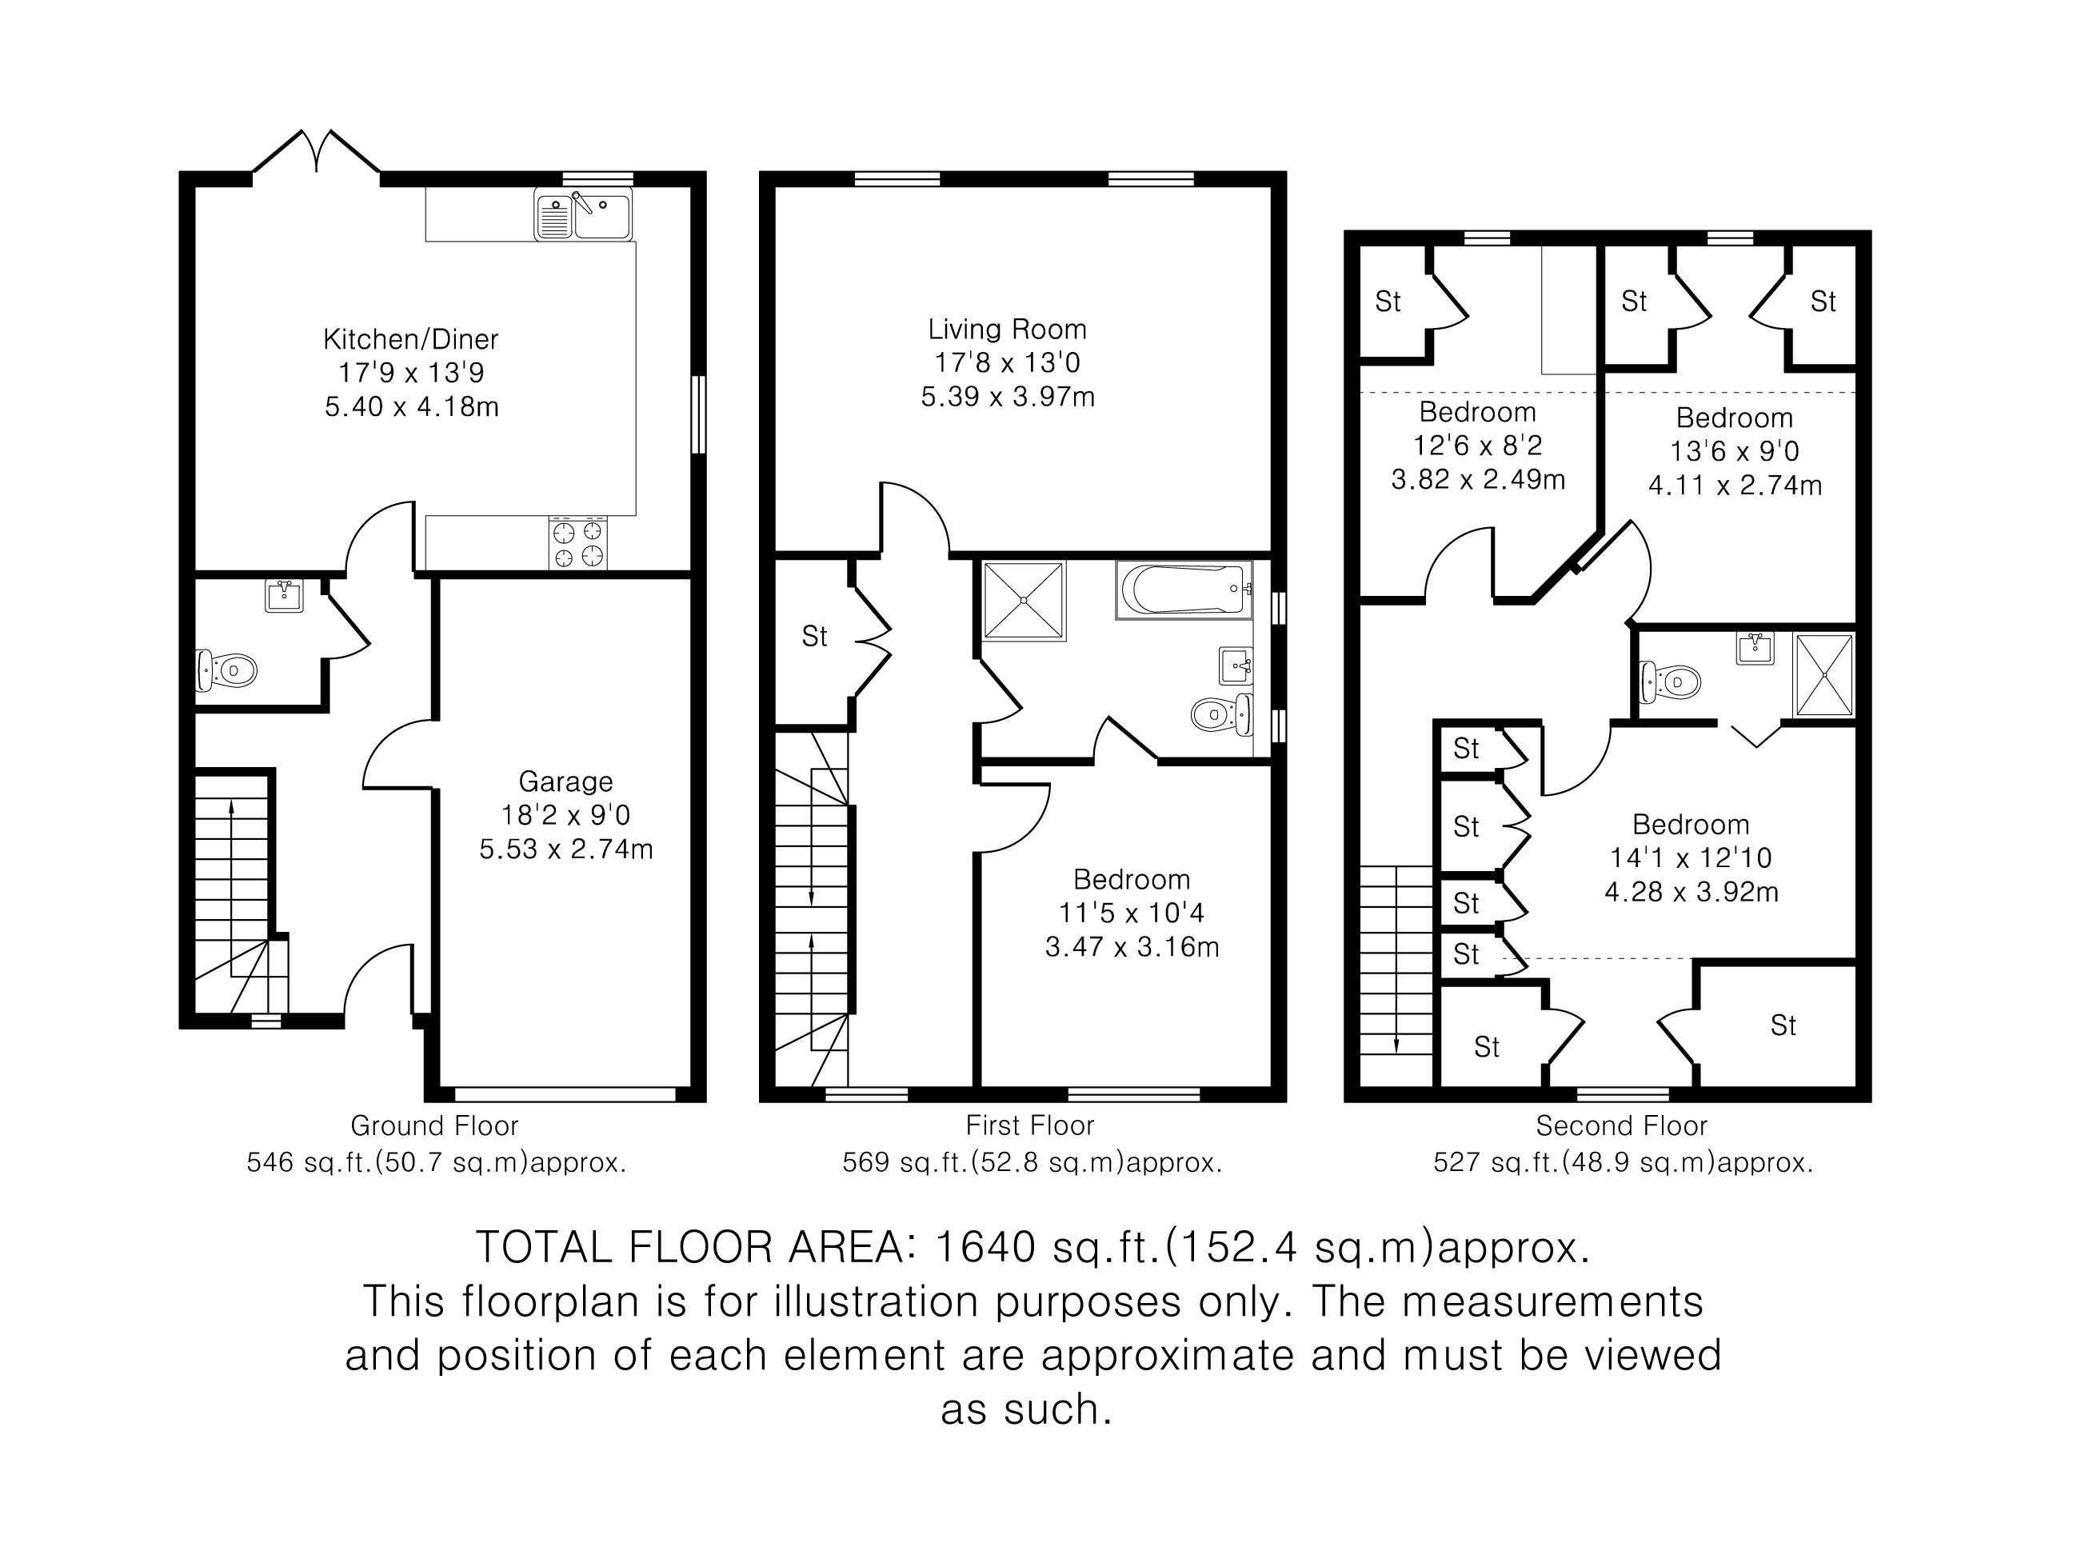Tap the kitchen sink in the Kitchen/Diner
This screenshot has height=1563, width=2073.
583,214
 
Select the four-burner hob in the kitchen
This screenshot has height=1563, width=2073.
577,543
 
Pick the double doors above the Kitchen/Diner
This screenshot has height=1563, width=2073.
317,152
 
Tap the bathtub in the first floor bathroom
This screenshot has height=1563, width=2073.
1184,590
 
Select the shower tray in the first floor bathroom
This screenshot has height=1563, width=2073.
1025,601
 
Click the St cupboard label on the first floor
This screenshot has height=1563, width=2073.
814,638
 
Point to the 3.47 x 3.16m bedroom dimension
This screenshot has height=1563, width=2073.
1132,947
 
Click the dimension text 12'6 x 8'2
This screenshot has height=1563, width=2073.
1478,446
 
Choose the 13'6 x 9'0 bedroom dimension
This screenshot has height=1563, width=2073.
1735,452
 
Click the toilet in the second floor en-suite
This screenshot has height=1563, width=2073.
1670,682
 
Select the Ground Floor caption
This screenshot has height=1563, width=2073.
434,1125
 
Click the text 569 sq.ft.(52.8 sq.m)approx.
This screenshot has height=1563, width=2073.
1032,1163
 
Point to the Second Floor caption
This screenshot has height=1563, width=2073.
1621,1125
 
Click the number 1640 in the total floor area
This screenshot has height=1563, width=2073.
986,1246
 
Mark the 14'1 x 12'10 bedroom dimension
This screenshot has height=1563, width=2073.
1691,858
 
